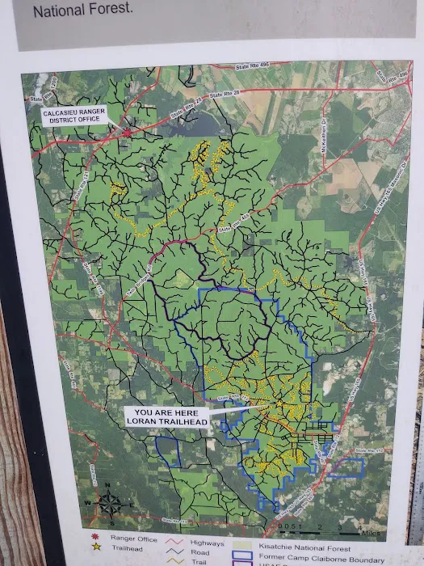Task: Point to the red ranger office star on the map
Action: point(127,132)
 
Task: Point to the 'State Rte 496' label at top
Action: point(250,69)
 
